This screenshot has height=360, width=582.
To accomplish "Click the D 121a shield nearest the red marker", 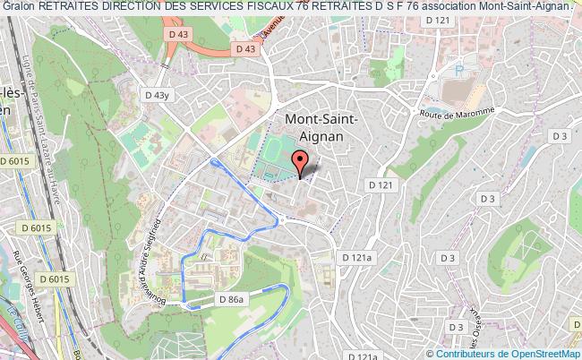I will click(x=356, y=256).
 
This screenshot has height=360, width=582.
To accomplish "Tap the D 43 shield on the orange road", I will click(x=244, y=50).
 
